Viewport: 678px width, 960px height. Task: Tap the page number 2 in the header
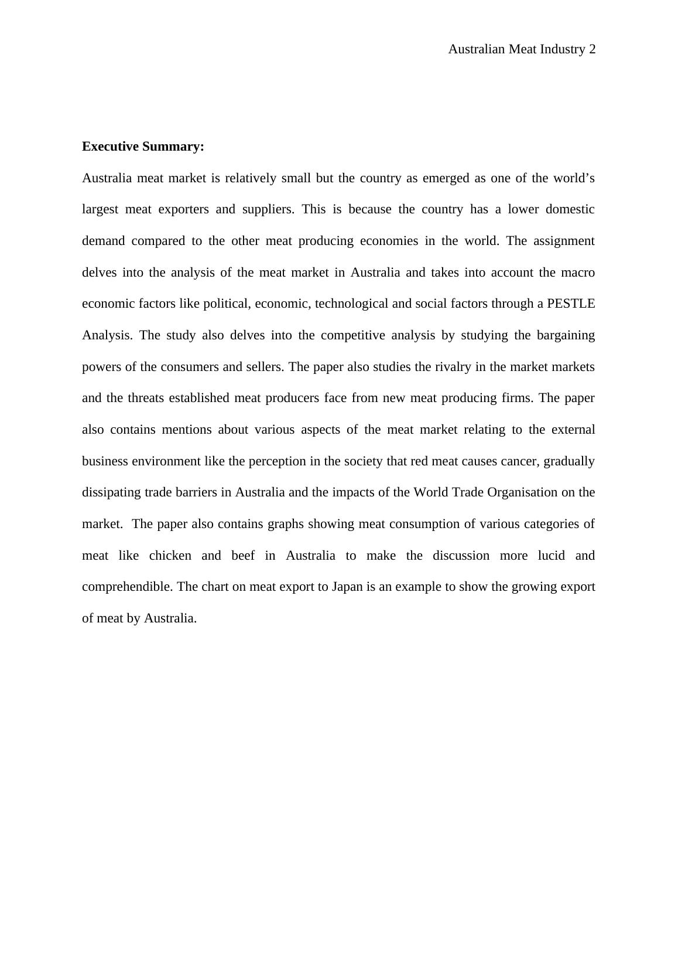coord(592,49)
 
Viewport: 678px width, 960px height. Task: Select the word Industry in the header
coord(562,49)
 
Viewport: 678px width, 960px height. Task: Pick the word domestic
coord(570,209)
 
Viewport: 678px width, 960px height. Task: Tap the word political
coord(227,304)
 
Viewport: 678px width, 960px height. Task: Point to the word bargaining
coord(564,335)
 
